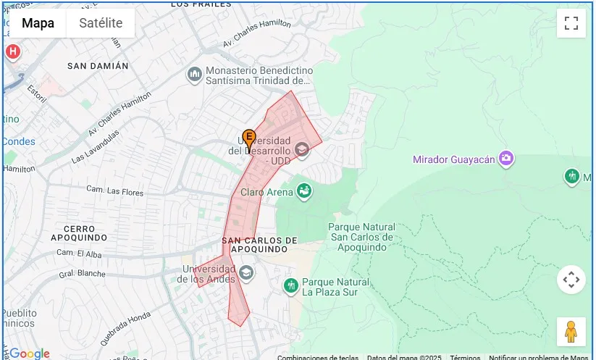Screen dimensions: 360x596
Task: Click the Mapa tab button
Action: click(x=38, y=23)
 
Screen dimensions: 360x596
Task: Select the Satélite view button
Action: click(x=101, y=23)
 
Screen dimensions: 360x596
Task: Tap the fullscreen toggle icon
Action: click(x=571, y=23)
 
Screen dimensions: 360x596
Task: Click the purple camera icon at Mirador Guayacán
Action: click(x=506, y=159)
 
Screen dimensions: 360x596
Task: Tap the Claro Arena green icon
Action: click(x=305, y=191)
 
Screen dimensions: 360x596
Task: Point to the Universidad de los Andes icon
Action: click(x=246, y=272)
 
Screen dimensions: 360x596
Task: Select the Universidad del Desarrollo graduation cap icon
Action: click(x=301, y=150)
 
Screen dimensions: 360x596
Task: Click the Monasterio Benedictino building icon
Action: click(x=194, y=75)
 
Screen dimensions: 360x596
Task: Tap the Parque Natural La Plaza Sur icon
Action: click(x=291, y=286)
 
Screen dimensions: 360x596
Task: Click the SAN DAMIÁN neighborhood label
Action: click(x=98, y=66)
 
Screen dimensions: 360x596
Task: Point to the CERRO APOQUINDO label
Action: click(x=80, y=233)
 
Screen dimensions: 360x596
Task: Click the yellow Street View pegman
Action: click(x=571, y=331)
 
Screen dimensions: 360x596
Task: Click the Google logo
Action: click(x=29, y=353)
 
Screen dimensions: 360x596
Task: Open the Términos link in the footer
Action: click(x=465, y=357)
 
